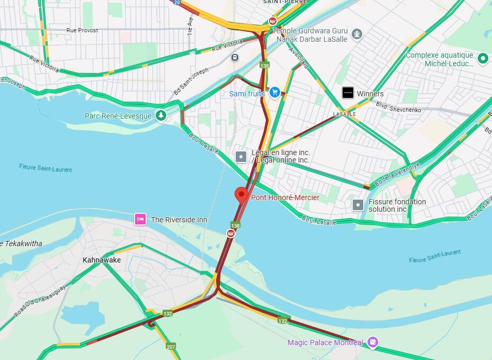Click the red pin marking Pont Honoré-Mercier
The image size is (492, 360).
(x=241, y=195)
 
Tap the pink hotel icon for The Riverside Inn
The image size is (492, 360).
(x=140, y=219)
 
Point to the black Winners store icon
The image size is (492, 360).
(x=347, y=93)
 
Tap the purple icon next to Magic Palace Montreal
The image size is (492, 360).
(x=373, y=343)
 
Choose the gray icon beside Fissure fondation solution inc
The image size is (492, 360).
(x=359, y=205)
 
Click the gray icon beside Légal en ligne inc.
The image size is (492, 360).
(x=241, y=156)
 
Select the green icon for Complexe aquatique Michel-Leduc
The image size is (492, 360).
(x=482, y=58)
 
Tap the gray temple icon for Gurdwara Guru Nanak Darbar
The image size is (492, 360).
(x=357, y=34)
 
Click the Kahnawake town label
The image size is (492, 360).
(x=102, y=260)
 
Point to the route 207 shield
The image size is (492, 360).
(x=171, y=346)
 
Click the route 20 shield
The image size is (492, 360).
(x=176, y=3)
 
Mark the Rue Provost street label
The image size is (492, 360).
(x=82, y=30)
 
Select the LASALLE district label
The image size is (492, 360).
(x=344, y=114)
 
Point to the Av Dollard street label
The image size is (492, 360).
(x=299, y=57)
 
